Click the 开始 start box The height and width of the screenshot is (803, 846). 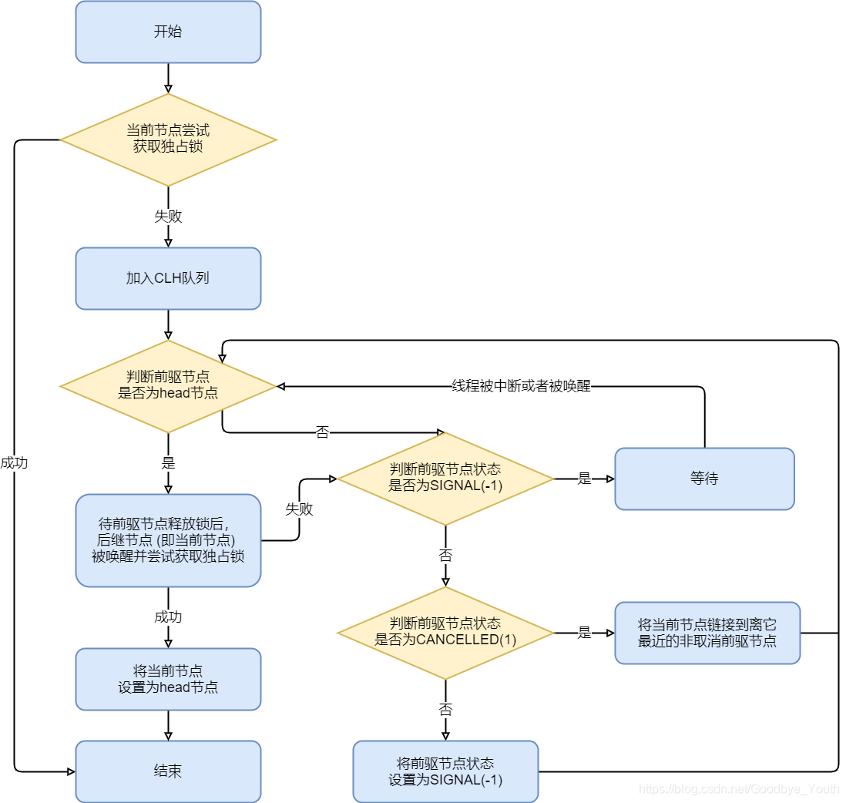pyautogui.click(x=168, y=32)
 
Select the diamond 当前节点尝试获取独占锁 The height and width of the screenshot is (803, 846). pyautogui.click(x=168, y=139)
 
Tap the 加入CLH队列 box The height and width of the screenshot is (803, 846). pyautogui.click(x=168, y=278)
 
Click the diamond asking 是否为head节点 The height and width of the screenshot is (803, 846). pyautogui.click(x=168, y=386)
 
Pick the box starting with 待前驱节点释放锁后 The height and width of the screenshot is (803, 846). pyautogui.click(x=168, y=540)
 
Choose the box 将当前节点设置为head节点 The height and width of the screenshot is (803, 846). pyautogui.click(x=168, y=679)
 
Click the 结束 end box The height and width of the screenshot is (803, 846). pyautogui.click(x=168, y=771)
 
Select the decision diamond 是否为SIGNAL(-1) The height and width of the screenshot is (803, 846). pyautogui.click(x=445, y=479)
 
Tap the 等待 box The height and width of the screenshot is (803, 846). pyautogui.click(x=704, y=479)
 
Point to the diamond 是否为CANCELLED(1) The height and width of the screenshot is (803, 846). pyautogui.click(x=445, y=633)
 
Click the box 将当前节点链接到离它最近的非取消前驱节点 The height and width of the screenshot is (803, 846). pyautogui.click(x=707, y=633)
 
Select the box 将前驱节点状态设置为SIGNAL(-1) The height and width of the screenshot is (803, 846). pyautogui.click(x=445, y=771)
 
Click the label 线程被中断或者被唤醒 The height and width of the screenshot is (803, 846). pyautogui.click(x=521, y=386)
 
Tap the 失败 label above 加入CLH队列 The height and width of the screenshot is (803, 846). pyautogui.click(x=168, y=217)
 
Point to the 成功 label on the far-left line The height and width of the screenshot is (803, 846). pyautogui.click(x=14, y=463)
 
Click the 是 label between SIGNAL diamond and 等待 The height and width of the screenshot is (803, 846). pyautogui.click(x=584, y=479)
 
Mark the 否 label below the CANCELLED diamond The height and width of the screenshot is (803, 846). pyautogui.click(x=445, y=710)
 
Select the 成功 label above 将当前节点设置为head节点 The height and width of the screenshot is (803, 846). pyautogui.click(x=168, y=617)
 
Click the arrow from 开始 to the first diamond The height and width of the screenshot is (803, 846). pyautogui.click(x=168, y=78)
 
